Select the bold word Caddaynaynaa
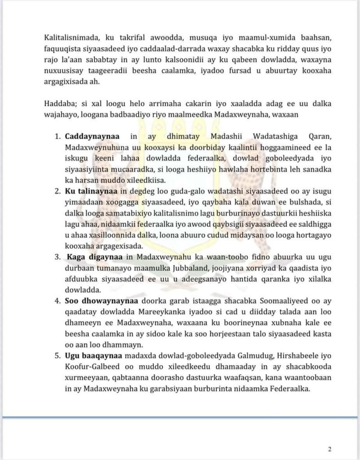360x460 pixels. click(x=90, y=136)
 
